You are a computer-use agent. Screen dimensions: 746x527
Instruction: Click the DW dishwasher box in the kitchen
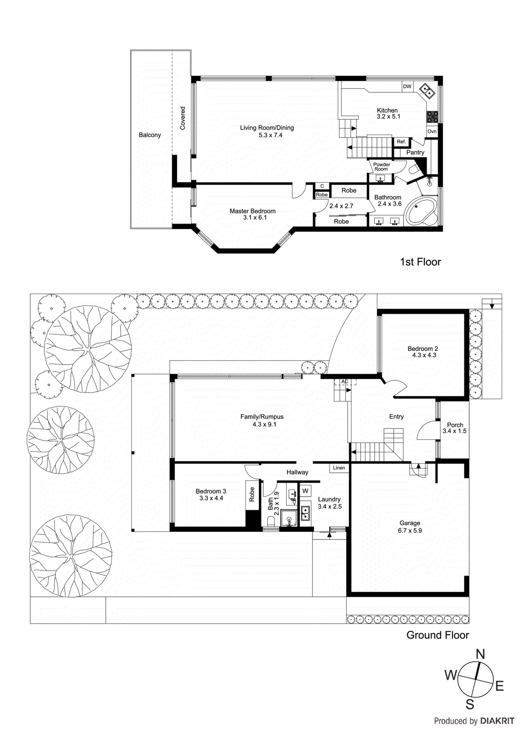pos(407,86)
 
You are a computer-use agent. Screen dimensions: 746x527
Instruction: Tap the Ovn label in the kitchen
pos(432,131)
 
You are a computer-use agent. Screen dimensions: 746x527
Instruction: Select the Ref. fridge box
pos(401,142)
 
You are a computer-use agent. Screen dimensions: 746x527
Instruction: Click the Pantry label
pos(415,152)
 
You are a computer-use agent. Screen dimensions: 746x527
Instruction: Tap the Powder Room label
pos(382,166)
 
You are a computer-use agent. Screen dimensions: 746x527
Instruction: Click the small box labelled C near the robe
pos(322,186)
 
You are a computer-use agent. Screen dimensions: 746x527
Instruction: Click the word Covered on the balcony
pos(183,118)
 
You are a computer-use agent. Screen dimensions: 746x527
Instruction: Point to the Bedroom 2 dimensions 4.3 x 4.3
pos(424,355)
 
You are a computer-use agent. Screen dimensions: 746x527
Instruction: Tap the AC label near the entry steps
pos(345,382)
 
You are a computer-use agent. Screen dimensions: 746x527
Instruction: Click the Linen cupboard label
pos(339,468)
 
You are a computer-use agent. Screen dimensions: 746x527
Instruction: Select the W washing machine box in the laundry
pos(306,491)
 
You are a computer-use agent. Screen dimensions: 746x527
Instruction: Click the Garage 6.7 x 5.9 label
pos(410,527)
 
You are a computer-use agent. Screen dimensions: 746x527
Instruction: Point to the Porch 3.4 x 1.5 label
pos(454,428)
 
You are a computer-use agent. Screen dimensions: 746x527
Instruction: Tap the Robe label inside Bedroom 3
pos(252,494)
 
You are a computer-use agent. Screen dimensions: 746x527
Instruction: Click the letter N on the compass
pos(480,654)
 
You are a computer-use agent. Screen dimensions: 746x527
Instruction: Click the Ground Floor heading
pos(438,635)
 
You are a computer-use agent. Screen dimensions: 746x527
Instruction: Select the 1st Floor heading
pos(420,262)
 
